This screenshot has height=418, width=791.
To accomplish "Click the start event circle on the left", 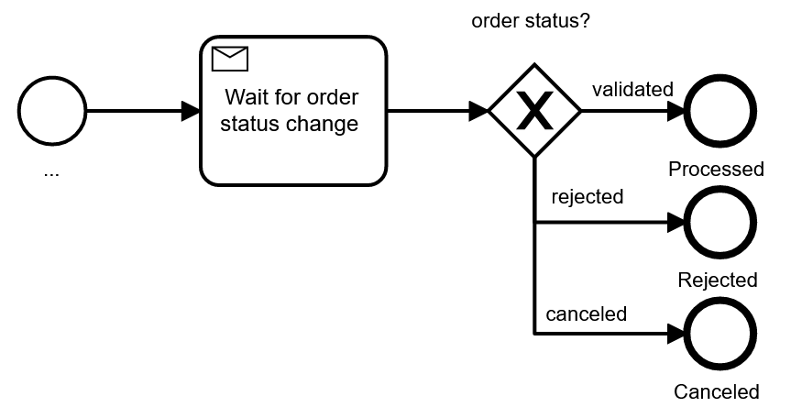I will tap(51, 112).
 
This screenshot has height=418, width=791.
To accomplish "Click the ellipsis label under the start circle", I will tap(51, 172).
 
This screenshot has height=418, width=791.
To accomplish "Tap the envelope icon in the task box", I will tap(230, 60).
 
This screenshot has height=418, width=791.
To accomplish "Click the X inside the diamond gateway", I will tap(534, 112).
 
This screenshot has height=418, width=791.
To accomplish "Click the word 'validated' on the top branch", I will tap(632, 90).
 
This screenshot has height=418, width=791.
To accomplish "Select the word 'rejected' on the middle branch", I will tap(587, 196).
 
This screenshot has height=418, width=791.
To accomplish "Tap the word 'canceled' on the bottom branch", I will tap(587, 313).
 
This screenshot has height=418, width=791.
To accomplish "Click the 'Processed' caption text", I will tap(716, 169).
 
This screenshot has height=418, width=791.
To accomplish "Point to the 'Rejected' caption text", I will tap(718, 280).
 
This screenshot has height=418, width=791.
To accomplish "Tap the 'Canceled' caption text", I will tap(717, 392).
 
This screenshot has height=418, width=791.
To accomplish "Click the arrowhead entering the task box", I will tap(191, 112).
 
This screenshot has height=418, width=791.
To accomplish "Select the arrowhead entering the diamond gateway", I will tap(478, 112).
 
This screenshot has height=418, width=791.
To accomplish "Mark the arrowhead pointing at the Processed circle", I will tap(676, 112).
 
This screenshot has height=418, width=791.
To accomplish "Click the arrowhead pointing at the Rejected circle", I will tap(676, 223).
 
